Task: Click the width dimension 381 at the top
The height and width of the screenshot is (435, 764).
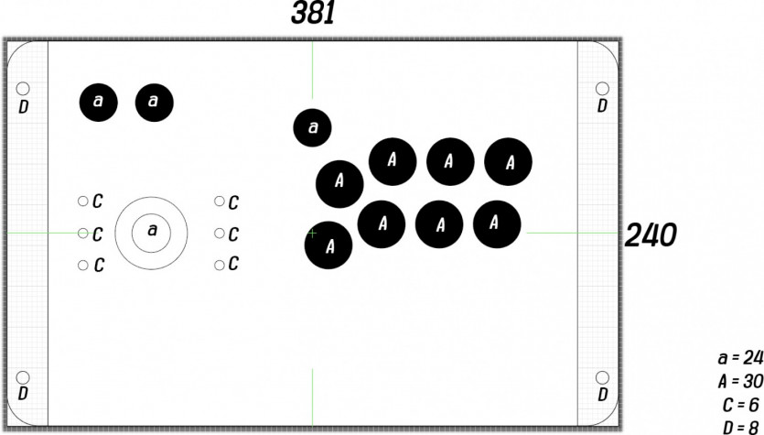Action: (313, 13)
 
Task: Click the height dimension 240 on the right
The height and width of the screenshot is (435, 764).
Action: (651, 235)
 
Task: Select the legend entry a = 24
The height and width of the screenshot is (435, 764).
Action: (740, 357)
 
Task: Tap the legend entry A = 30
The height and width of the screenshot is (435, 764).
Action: (740, 381)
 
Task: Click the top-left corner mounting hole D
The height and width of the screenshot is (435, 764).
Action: (23, 89)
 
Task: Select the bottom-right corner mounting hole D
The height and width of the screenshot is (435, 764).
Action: (602, 377)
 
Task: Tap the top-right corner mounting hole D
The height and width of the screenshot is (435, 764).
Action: (602, 89)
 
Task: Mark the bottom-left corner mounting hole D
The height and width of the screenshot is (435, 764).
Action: (23, 377)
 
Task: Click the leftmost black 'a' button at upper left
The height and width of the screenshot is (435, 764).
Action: (99, 103)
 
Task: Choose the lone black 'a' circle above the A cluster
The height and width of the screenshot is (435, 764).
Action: (312, 128)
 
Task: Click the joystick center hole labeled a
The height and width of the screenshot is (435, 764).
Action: (152, 234)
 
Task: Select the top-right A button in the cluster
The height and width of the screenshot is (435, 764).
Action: (508, 161)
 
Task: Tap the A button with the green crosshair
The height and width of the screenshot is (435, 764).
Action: (328, 245)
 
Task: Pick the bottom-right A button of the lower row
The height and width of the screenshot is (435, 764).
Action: (497, 224)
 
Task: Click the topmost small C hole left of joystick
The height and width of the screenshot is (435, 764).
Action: (83, 201)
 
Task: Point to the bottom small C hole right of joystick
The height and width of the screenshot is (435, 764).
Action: (220, 265)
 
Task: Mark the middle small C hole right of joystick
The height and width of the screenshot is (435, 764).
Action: (220, 234)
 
